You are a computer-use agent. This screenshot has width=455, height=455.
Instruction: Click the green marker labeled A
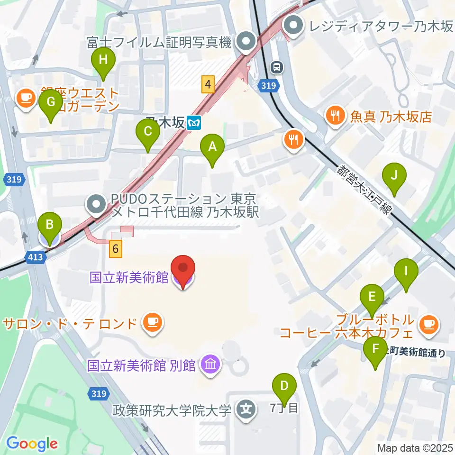212,147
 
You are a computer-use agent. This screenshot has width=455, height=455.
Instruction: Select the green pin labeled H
103,62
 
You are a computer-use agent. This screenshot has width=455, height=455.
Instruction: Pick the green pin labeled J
394,176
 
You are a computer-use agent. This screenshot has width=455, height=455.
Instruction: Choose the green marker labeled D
284,387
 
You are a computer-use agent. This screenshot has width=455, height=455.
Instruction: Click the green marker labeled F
376,351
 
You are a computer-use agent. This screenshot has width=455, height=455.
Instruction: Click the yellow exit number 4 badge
207,85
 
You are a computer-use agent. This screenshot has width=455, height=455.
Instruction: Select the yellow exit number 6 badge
116,248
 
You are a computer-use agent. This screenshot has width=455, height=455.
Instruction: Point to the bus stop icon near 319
277,68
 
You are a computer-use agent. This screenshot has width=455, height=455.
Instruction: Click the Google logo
32,444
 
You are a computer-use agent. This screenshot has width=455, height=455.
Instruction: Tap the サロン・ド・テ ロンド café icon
152,324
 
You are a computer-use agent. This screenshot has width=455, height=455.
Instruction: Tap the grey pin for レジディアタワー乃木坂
294,27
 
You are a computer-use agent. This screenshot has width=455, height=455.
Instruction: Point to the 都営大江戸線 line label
365,190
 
